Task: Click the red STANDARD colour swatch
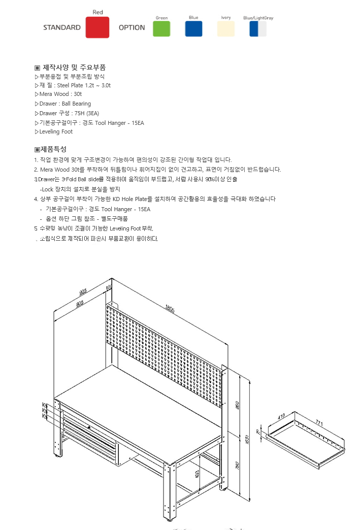pyautogui.click(x=97, y=27)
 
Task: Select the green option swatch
pyautogui.click(x=161, y=28)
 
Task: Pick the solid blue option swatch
pyautogui.click(x=193, y=28)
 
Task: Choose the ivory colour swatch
pyautogui.click(x=226, y=28)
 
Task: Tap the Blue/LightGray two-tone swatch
pyautogui.click(x=258, y=28)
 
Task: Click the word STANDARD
pyautogui.click(x=62, y=27)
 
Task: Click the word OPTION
pyautogui.click(x=132, y=27)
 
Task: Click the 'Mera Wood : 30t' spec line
pyautogui.click(x=60, y=94)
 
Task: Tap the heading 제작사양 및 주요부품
pyautogui.click(x=74, y=68)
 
